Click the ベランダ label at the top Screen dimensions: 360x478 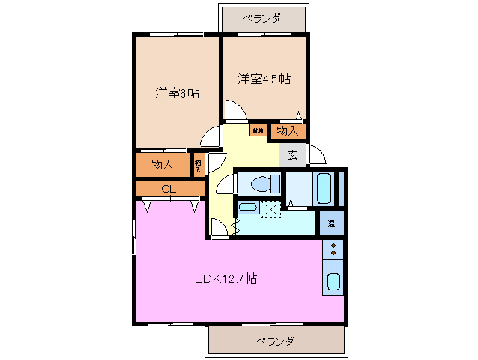click(261, 17)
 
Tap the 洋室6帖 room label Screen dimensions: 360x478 click(177, 93)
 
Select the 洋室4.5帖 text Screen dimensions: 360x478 click(264, 78)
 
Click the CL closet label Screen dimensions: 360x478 click(169, 189)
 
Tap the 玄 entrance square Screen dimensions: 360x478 click(291, 155)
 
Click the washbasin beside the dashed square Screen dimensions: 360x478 click(247, 208)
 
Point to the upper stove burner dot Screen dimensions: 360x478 click(333, 245)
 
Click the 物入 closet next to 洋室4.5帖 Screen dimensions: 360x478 click(287, 131)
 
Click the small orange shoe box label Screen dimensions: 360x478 click(258, 130)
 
